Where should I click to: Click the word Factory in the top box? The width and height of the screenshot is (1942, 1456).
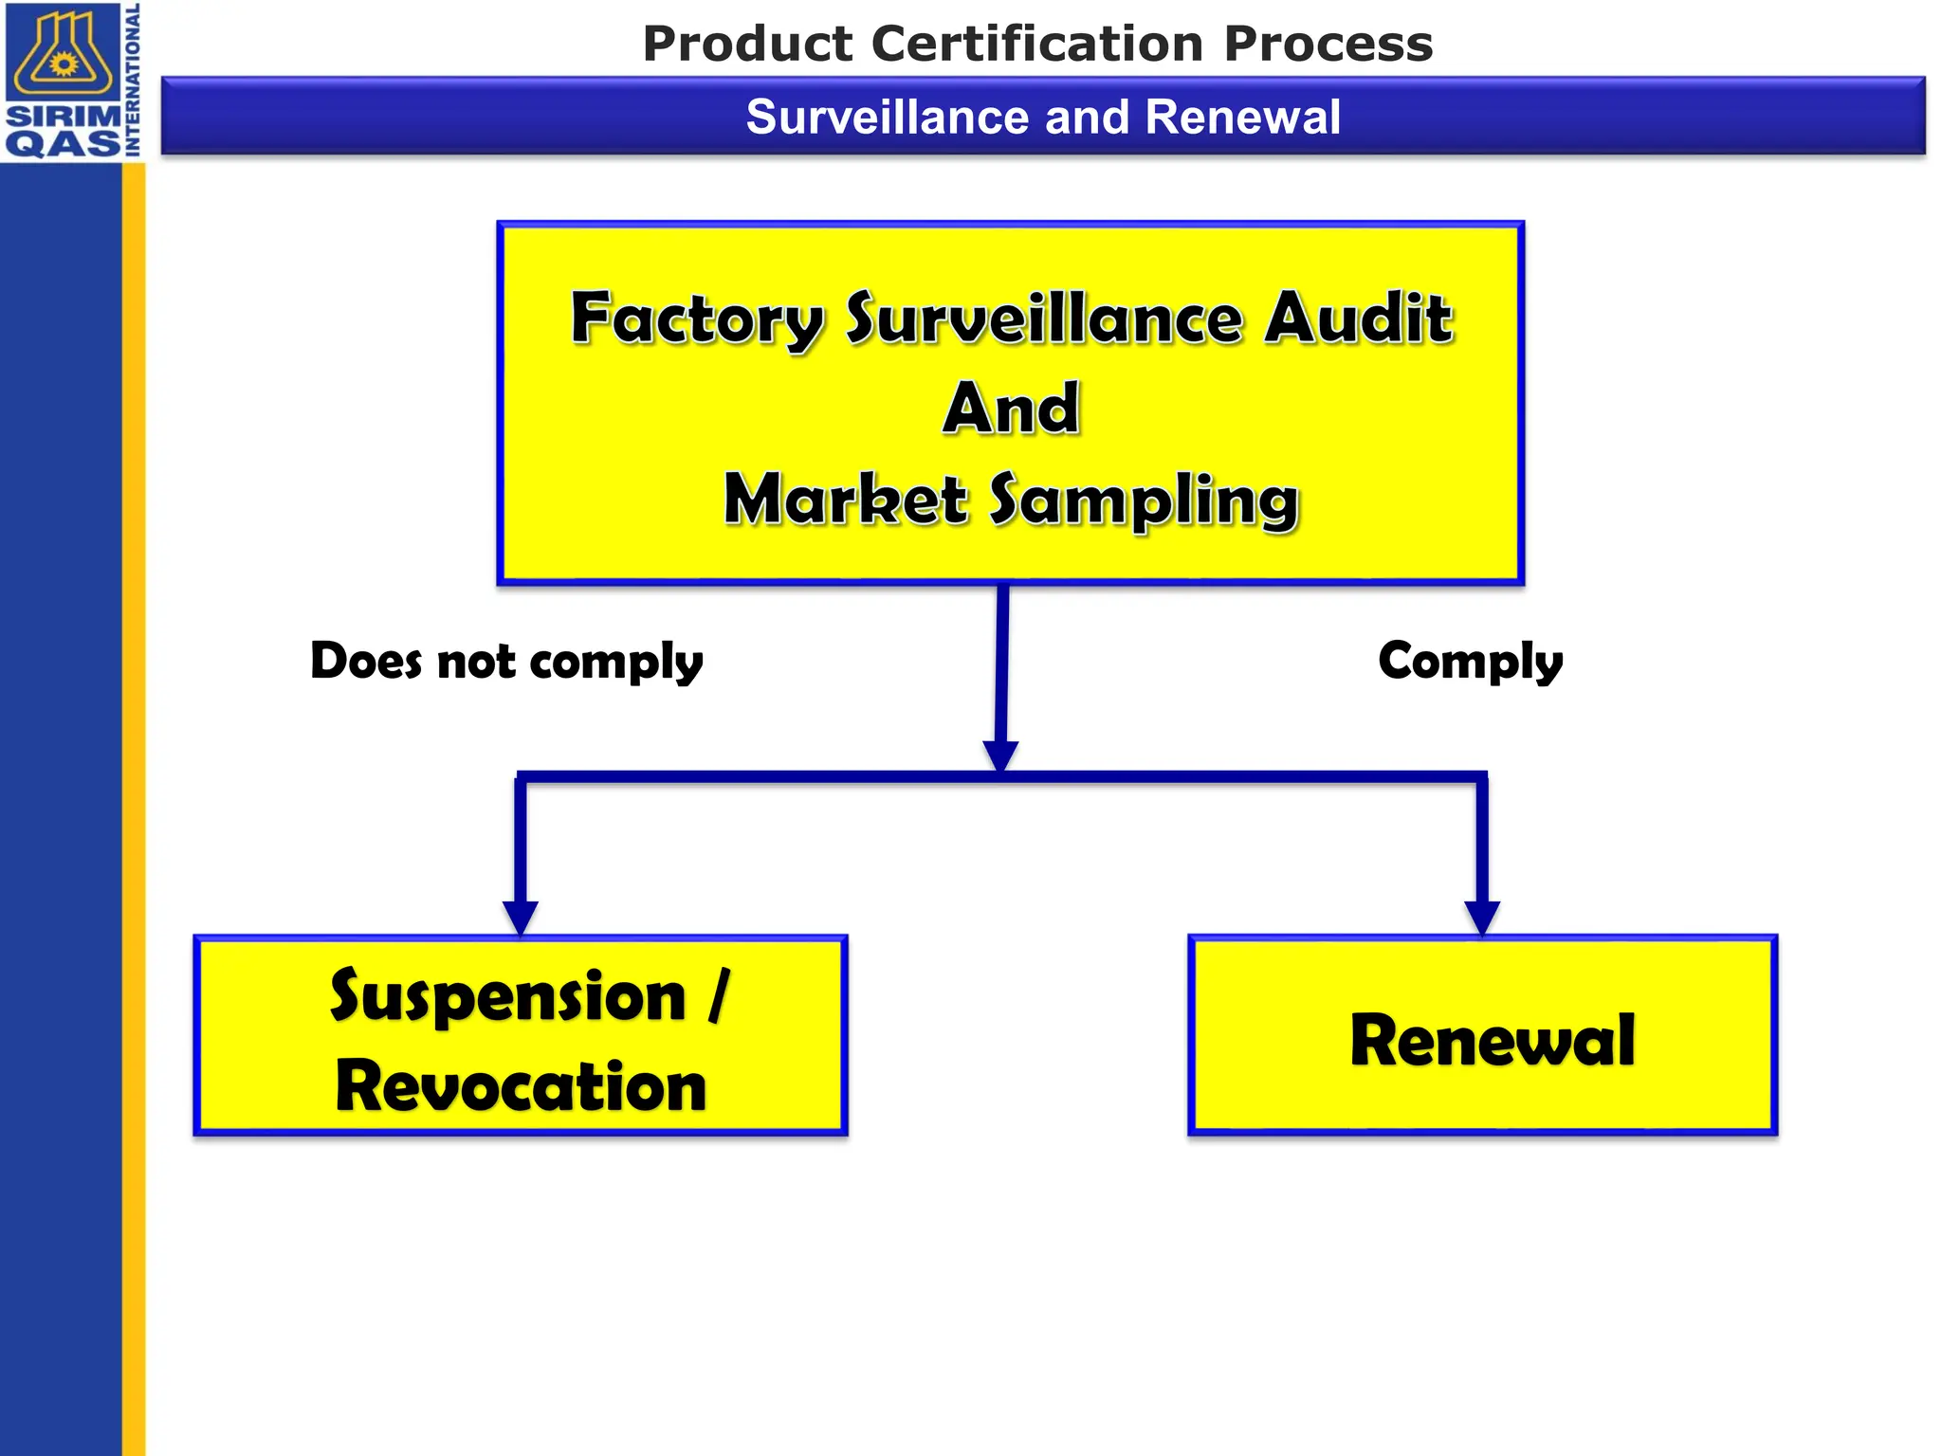tap(696, 320)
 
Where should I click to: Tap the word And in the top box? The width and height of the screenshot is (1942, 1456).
tap(1011, 409)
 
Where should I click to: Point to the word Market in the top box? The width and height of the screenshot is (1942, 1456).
tap(845, 500)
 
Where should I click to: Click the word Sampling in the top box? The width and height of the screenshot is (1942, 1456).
tap(1144, 501)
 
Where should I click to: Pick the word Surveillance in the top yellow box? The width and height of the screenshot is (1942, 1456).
tap(1043, 318)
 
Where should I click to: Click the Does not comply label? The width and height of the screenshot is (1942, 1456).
tap(506, 662)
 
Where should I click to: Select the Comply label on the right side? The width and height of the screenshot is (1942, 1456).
tap(1470, 662)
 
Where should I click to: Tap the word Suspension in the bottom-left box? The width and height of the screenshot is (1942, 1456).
tap(507, 997)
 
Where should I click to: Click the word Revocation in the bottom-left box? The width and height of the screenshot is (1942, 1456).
tap(521, 1086)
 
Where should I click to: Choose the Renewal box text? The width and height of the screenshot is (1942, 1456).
tap(1493, 1041)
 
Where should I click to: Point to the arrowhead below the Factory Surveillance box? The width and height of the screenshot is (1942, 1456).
tap(1000, 756)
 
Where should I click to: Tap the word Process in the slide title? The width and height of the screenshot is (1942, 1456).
tap(1328, 44)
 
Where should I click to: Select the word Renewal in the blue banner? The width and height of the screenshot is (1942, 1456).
tap(1242, 118)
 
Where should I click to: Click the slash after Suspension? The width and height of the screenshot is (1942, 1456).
tap(719, 995)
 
